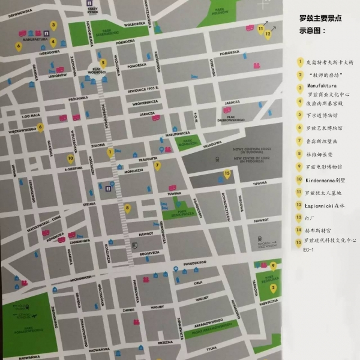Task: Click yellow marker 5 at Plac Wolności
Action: pos(103,62)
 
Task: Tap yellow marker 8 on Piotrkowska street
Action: pos(127,208)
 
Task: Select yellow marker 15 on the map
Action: pos(227,174)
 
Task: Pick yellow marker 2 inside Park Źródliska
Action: pos(273,287)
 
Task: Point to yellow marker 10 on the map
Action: pos(70,159)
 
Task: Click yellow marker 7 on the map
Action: pos(157,166)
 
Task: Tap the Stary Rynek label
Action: pos(92,10)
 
